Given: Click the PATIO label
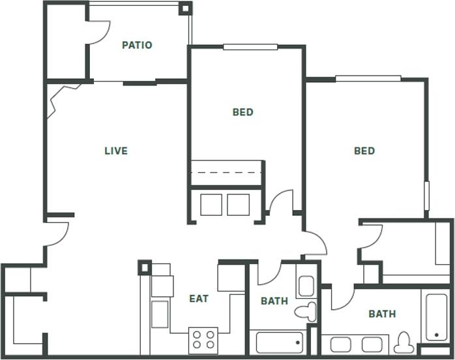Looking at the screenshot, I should pyautogui.click(x=137, y=45).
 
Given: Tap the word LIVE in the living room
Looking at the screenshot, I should pyautogui.click(x=116, y=151).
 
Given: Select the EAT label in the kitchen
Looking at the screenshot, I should pyautogui.click(x=199, y=299).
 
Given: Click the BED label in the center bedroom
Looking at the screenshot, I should pyautogui.click(x=242, y=112).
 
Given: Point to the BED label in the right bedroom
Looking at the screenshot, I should pyautogui.click(x=364, y=151).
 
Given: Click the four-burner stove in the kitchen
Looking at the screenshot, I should pyautogui.click(x=203, y=339).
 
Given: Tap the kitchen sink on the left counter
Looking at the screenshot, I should pyautogui.click(x=160, y=314).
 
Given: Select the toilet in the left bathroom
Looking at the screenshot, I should pyautogui.click(x=304, y=311).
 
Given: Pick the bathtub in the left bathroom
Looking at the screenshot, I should pyautogui.click(x=279, y=342).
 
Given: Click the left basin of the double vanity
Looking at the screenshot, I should pyautogui.click(x=341, y=344).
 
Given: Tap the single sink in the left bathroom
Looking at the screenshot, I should pyautogui.click(x=306, y=286).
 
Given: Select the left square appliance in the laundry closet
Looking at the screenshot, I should pyautogui.click(x=211, y=204).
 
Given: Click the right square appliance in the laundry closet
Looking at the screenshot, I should pyautogui.click(x=238, y=204).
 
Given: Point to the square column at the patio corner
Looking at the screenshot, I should pyautogui.click(x=185, y=8).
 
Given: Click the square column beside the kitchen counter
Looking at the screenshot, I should pyautogui.click(x=144, y=267).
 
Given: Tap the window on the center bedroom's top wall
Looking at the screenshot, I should pyautogui.click(x=250, y=47).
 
